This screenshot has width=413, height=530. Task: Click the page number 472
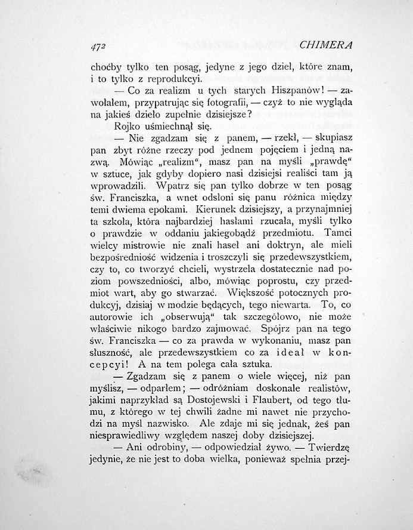point(98,45)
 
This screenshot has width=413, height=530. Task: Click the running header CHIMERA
point(327,45)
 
